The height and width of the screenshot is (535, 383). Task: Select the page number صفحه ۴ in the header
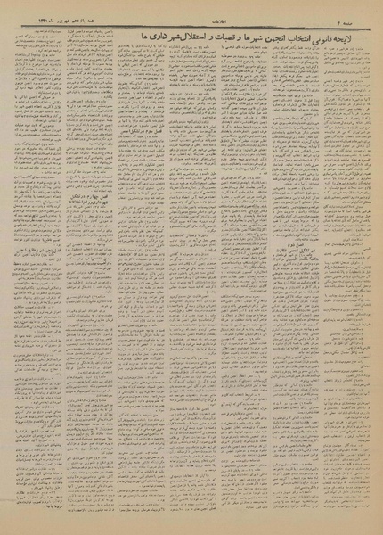click(366, 18)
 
